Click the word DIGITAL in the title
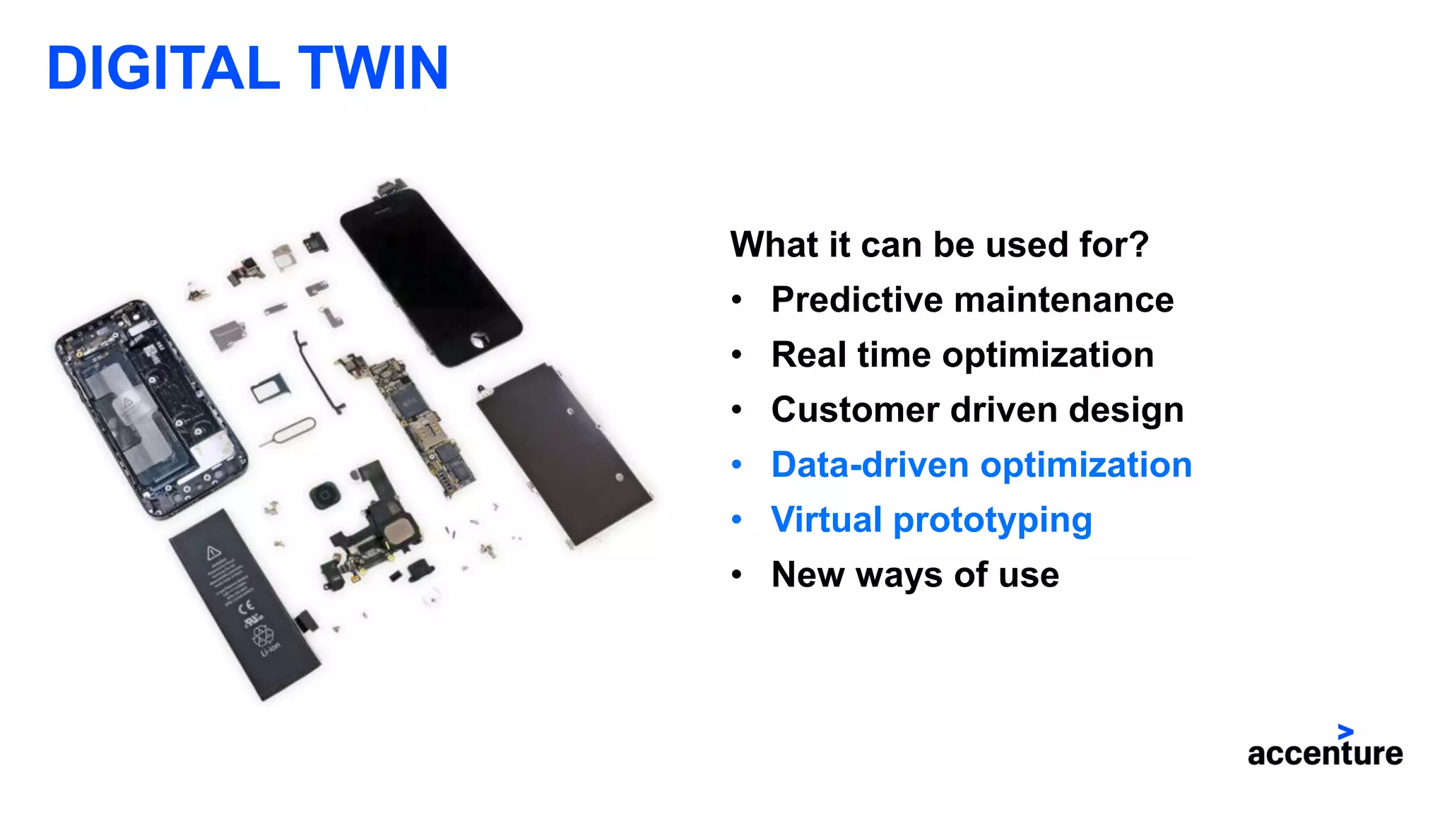pos(163,68)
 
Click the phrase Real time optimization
pos(962,355)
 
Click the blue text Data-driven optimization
pos(981,465)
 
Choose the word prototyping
pos(992,521)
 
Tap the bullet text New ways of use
pos(914,574)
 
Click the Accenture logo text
pos(1325,753)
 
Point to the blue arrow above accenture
pos(1345,732)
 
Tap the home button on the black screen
pos(480,340)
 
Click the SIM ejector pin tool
pos(290,432)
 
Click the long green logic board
pos(417,424)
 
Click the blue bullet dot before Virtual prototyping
pos(737,520)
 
